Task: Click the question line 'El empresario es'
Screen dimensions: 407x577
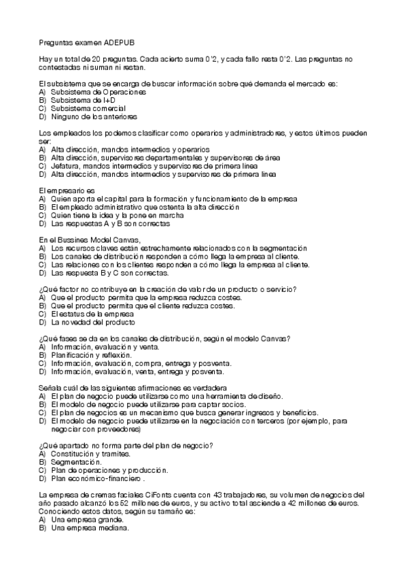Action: coord(65,190)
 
